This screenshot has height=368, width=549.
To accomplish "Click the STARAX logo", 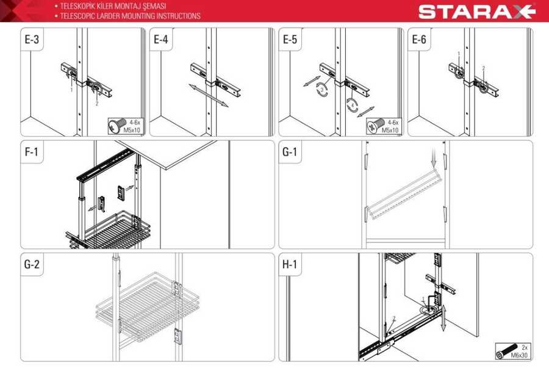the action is pyautogui.click(x=477, y=11).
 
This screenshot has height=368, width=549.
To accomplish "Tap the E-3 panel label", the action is pyautogui.click(x=32, y=39).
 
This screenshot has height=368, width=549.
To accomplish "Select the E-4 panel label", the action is pyautogui.click(x=161, y=39).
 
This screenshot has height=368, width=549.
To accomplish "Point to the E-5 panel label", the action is pyautogui.click(x=290, y=39).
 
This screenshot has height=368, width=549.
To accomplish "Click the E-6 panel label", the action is pyautogui.click(x=419, y=39).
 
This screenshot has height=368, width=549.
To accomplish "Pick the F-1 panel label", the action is pyautogui.click(x=32, y=152).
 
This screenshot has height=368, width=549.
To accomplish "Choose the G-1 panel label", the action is pyautogui.click(x=290, y=152).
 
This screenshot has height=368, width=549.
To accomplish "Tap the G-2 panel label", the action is pyautogui.click(x=32, y=264).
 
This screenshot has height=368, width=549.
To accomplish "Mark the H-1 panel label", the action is pyautogui.click(x=290, y=264).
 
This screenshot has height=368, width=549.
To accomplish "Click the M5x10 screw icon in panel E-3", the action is pyautogui.click(x=117, y=126).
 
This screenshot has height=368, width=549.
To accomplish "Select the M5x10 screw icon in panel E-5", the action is pyautogui.click(x=375, y=126).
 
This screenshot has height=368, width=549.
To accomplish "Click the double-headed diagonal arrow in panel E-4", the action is pyautogui.click(x=209, y=95).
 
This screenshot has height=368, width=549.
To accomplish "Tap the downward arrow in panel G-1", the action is pyautogui.click(x=434, y=157).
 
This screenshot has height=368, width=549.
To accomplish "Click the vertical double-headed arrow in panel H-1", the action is pyautogui.click(x=443, y=317).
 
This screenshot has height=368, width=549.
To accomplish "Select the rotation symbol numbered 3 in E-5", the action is pyautogui.click(x=322, y=89).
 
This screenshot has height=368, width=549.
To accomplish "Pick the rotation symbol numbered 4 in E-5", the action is pyautogui.click(x=352, y=105).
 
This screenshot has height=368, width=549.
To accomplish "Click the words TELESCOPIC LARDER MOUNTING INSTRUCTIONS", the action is pyautogui.click(x=131, y=16).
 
